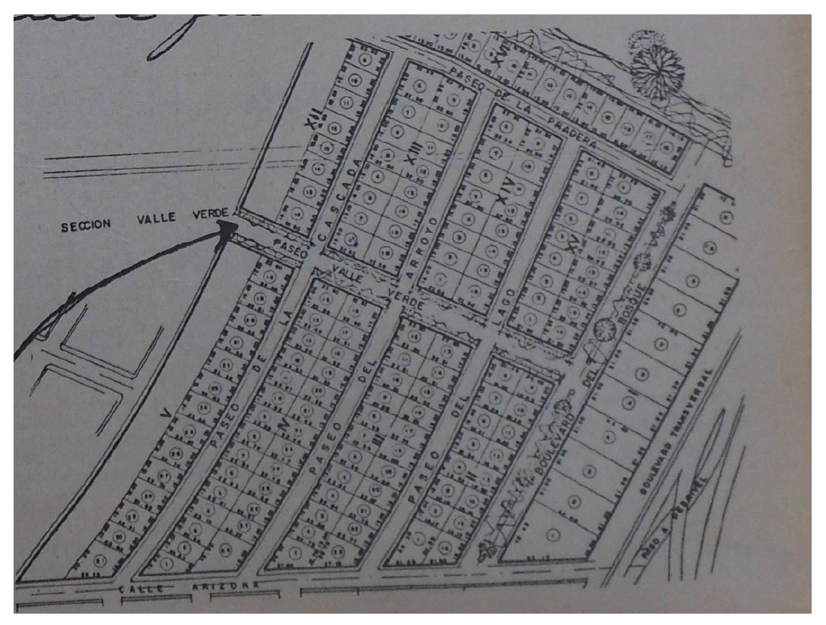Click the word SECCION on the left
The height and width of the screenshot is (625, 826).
pyautogui.click(x=86, y=225)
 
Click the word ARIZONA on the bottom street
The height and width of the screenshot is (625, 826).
pyautogui.click(x=231, y=587)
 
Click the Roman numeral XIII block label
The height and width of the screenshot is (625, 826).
pyautogui.click(x=410, y=162)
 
